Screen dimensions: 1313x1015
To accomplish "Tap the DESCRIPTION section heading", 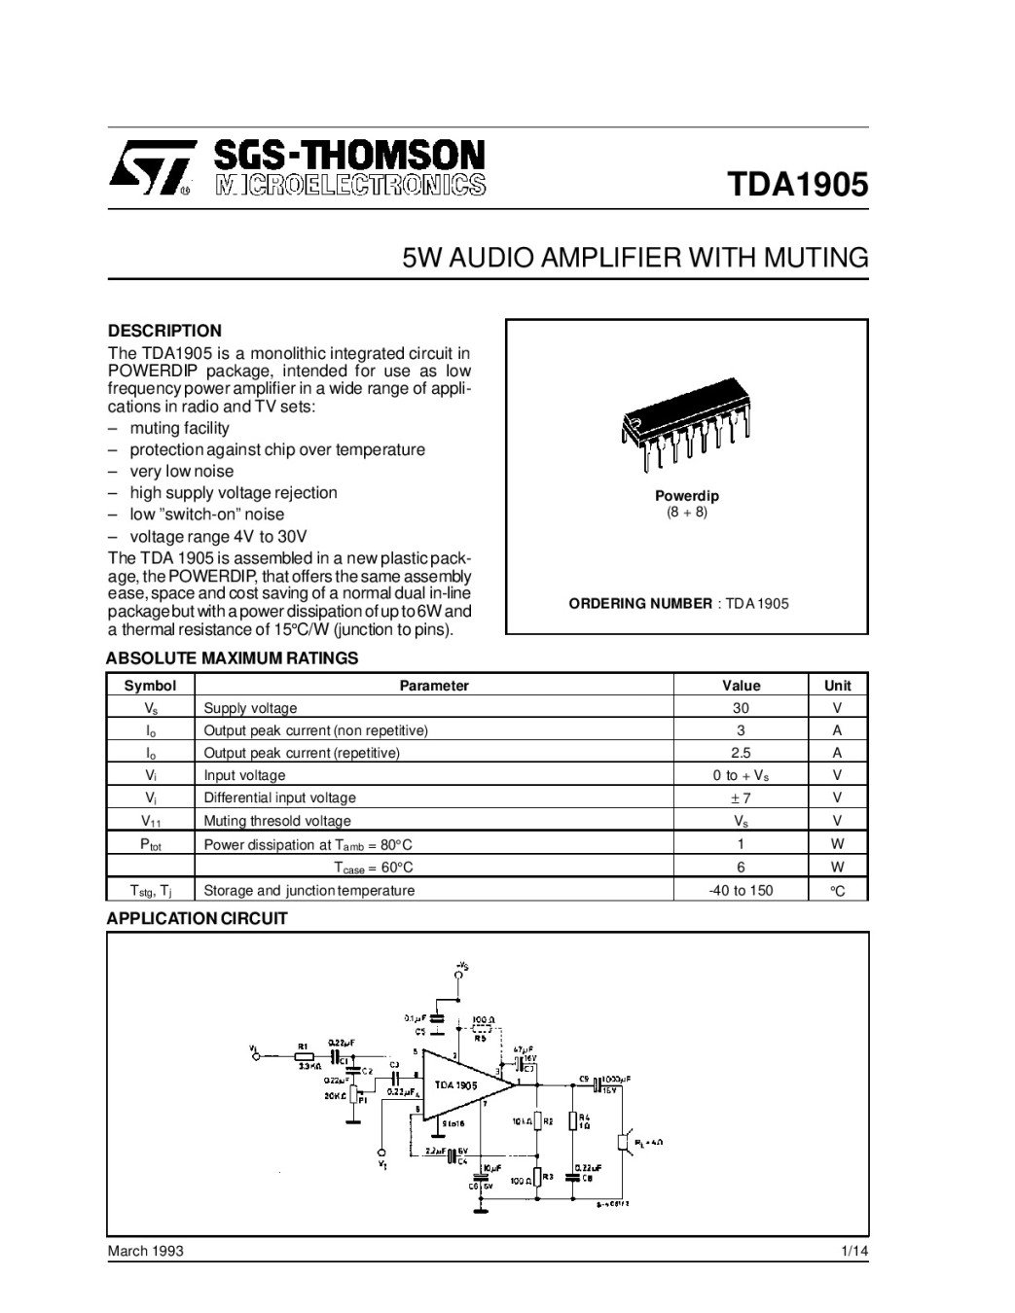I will (x=164, y=331).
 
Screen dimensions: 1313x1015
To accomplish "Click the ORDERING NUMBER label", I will (x=640, y=603).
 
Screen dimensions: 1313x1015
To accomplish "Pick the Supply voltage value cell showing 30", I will (x=741, y=708).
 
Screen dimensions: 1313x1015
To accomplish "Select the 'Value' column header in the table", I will (x=741, y=686).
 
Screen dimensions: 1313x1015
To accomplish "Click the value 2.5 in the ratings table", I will (x=741, y=753).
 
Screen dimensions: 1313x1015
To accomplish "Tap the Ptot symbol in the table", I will (x=151, y=844).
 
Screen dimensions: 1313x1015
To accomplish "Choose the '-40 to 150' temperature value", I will (x=741, y=890).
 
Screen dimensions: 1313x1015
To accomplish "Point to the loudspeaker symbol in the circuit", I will (x=625, y=1141).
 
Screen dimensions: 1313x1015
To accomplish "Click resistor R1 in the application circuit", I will (x=304, y=1054).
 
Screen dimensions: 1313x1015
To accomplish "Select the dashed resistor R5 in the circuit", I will (x=482, y=1029).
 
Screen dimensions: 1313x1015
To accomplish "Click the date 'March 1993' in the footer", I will (x=145, y=1251).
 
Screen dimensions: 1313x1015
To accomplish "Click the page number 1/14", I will (x=854, y=1251).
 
